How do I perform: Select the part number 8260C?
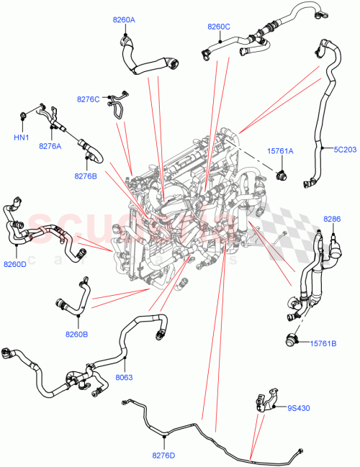point(218,27)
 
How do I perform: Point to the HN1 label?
point(21,137)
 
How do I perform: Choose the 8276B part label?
point(84,175)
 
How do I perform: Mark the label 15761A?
point(280,151)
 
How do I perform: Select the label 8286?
point(332,218)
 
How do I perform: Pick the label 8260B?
point(76,334)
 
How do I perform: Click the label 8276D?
point(164,455)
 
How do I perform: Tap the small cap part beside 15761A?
point(282,173)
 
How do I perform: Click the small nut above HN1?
point(23,114)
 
